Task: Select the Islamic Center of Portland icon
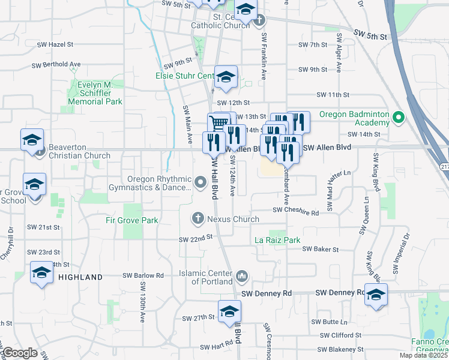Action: (x=241, y=277)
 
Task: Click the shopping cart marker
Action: (x=219, y=123)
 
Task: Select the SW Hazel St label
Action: (x=55, y=44)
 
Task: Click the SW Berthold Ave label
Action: (x=58, y=64)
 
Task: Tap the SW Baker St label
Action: (x=321, y=249)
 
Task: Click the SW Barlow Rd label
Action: (x=143, y=275)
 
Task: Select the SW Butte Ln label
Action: (x=339, y=322)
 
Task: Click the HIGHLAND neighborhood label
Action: (x=80, y=277)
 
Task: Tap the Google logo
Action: (x=20, y=353)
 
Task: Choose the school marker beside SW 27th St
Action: (x=229, y=311)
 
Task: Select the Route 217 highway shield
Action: (x=444, y=166)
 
